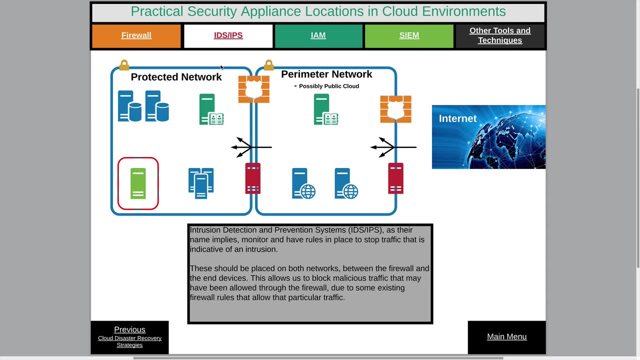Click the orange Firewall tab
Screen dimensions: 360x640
click(136, 35)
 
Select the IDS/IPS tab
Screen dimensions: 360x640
click(228, 35)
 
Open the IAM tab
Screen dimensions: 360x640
click(318, 35)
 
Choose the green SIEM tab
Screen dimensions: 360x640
click(409, 35)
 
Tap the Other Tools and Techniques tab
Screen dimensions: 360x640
click(499, 35)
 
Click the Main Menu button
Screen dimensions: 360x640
click(506, 336)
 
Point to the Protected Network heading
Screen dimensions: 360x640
click(176, 77)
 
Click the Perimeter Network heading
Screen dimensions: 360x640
click(326, 74)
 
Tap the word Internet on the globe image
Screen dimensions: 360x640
click(457, 118)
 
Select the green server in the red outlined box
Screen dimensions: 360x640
click(138, 183)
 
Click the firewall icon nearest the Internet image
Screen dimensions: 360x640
click(395, 109)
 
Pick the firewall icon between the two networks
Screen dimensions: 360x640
click(253, 89)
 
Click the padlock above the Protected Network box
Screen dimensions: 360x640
click(124, 65)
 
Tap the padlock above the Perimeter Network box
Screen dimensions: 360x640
click(268, 65)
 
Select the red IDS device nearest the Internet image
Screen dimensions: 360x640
click(395, 178)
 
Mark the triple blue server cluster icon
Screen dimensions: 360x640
click(201, 183)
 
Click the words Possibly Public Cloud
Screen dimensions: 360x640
click(328, 86)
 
